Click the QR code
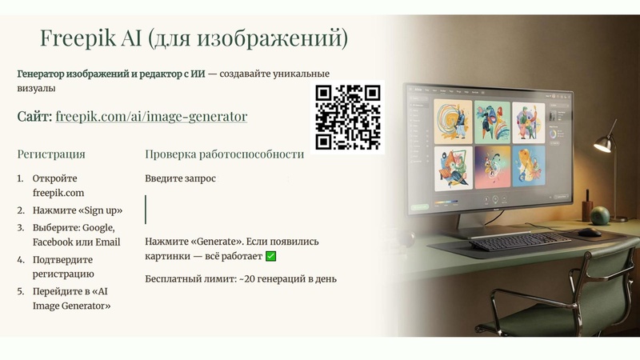click(348, 117)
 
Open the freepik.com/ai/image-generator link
click(151, 117)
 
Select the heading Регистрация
click(51, 154)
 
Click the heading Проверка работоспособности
click(224, 154)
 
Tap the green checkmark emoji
click(270, 256)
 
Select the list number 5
click(21, 292)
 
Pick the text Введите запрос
click(180, 178)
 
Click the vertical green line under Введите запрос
click(146, 209)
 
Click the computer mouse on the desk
click(589, 233)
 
